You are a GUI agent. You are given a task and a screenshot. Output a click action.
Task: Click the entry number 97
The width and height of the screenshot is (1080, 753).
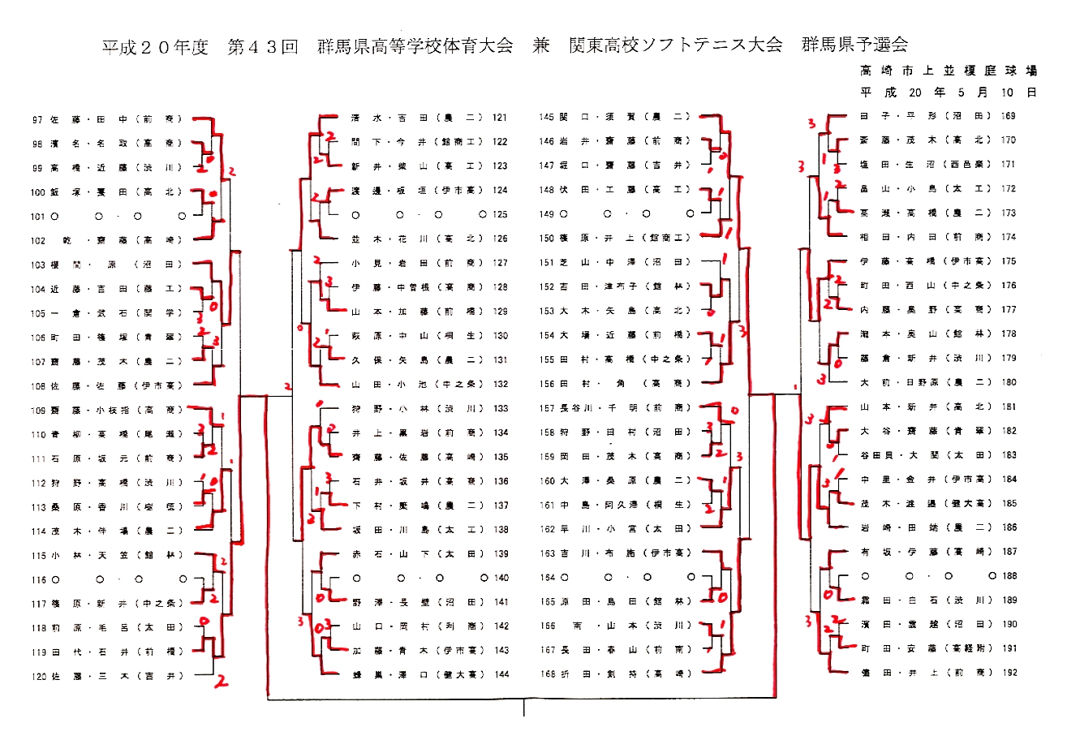pyautogui.click(x=37, y=120)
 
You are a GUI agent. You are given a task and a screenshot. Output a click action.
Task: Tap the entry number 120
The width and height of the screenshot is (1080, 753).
pyautogui.click(x=39, y=676)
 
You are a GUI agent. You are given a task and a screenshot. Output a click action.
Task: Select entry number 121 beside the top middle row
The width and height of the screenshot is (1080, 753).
pyautogui.click(x=499, y=118)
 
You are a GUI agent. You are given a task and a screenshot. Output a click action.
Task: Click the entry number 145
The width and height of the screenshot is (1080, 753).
pyautogui.click(x=547, y=117)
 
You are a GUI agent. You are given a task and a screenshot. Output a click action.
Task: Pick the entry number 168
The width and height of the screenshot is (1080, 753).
pyautogui.click(x=547, y=673)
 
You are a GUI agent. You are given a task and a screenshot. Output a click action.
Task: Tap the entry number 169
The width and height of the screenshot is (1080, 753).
pyautogui.click(x=1009, y=116)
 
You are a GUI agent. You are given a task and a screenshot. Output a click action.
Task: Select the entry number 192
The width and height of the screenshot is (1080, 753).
pyautogui.click(x=1009, y=673)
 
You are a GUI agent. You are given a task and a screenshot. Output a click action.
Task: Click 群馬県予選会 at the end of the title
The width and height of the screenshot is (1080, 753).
pyautogui.click(x=854, y=45)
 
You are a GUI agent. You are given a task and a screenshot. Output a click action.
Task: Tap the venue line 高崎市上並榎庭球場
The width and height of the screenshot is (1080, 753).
pyautogui.click(x=949, y=71)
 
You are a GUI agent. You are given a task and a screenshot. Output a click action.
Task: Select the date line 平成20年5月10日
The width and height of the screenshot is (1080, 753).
pyautogui.click(x=949, y=93)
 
